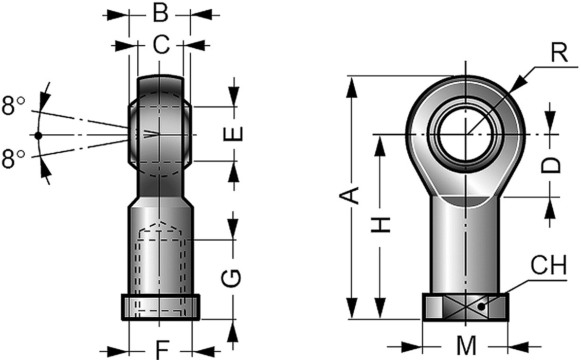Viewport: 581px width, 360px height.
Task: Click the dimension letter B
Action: click(160, 14)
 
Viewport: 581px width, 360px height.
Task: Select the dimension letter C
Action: click(161, 46)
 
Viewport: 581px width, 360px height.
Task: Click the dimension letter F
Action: click(162, 350)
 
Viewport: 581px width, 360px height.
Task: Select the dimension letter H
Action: click(381, 224)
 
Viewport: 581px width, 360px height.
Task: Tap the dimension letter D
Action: click(552, 165)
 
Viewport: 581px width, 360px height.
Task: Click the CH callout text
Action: click(549, 267)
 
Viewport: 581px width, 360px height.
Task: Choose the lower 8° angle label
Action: click(13, 159)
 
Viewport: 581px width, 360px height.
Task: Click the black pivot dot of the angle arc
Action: click(38, 135)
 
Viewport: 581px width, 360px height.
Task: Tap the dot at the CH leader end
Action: click(481, 307)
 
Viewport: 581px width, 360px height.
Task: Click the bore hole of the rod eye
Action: click(466, 135)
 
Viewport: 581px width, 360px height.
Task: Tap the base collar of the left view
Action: click(160, 307)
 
